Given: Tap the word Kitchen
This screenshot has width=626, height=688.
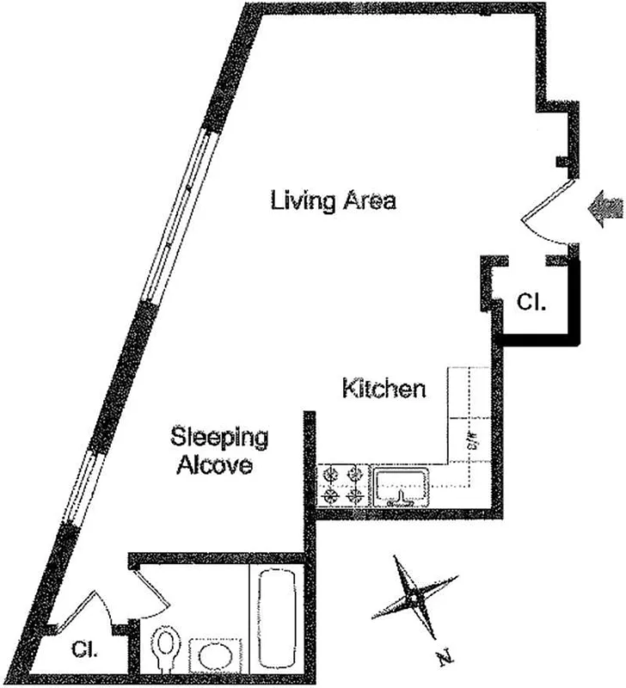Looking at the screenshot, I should tap(384, 389).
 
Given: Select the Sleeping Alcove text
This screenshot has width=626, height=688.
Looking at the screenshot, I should tap(219, 451).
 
